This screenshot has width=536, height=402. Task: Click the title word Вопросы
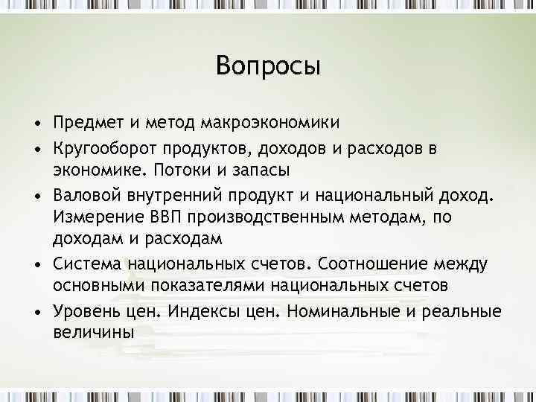tap(268, 67)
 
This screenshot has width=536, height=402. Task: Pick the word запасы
tap(264, 170)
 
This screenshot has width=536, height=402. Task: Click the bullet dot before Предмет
tap(35, 122)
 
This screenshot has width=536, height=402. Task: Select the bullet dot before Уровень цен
tap(35, 311)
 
